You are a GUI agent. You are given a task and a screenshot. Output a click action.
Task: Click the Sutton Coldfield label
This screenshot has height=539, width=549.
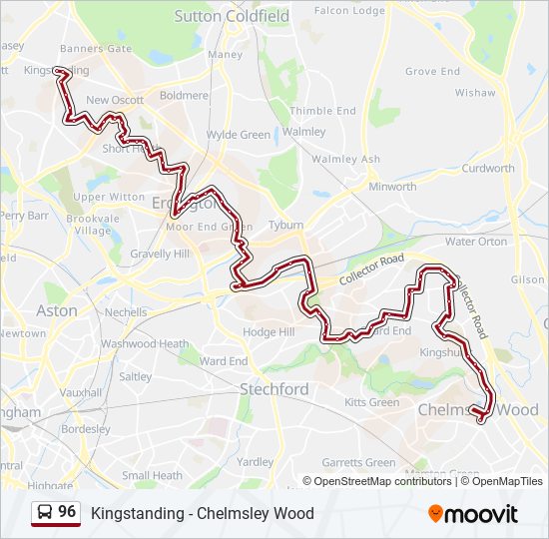(x=232, y=16)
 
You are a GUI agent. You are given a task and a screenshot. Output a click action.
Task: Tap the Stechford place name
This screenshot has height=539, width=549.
(x=274, y=388)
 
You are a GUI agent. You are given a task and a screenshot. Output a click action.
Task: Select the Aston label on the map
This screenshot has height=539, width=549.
(x=57, y=310)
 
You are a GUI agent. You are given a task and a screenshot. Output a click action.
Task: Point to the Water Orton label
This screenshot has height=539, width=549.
(x=476, y=242)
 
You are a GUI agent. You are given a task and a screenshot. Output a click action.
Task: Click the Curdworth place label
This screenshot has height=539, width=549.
(x=488, y=168)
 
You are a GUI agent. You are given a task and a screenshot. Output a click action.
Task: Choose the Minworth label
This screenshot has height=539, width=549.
(x=392, y=187)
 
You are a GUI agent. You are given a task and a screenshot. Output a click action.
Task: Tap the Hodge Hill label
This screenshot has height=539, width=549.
(x=270, y=331)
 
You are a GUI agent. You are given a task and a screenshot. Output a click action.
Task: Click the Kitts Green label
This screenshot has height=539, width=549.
(x=371, y=402)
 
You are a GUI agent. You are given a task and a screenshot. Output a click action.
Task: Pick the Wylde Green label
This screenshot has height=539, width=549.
(x=239, y=135)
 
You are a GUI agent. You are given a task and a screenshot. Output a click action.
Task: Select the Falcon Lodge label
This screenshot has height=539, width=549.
(x=349, y=11)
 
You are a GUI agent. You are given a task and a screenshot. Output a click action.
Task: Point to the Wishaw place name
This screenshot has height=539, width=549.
(x=475, y=93)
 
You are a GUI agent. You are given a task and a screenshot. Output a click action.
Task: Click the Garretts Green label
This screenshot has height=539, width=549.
(x=358, y=462)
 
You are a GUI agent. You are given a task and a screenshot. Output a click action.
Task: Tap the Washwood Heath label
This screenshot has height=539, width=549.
(x=145, y=343)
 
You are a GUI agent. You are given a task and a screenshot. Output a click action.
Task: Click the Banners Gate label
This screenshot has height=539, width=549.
(x=96, y=48)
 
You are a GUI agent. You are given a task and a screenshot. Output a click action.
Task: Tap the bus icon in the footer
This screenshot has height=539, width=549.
(x=45, y=512)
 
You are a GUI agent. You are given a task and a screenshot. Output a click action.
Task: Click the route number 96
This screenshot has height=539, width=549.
(x=67, y=511)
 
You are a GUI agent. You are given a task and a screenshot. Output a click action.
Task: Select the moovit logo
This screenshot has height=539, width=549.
(x=473, y=513)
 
